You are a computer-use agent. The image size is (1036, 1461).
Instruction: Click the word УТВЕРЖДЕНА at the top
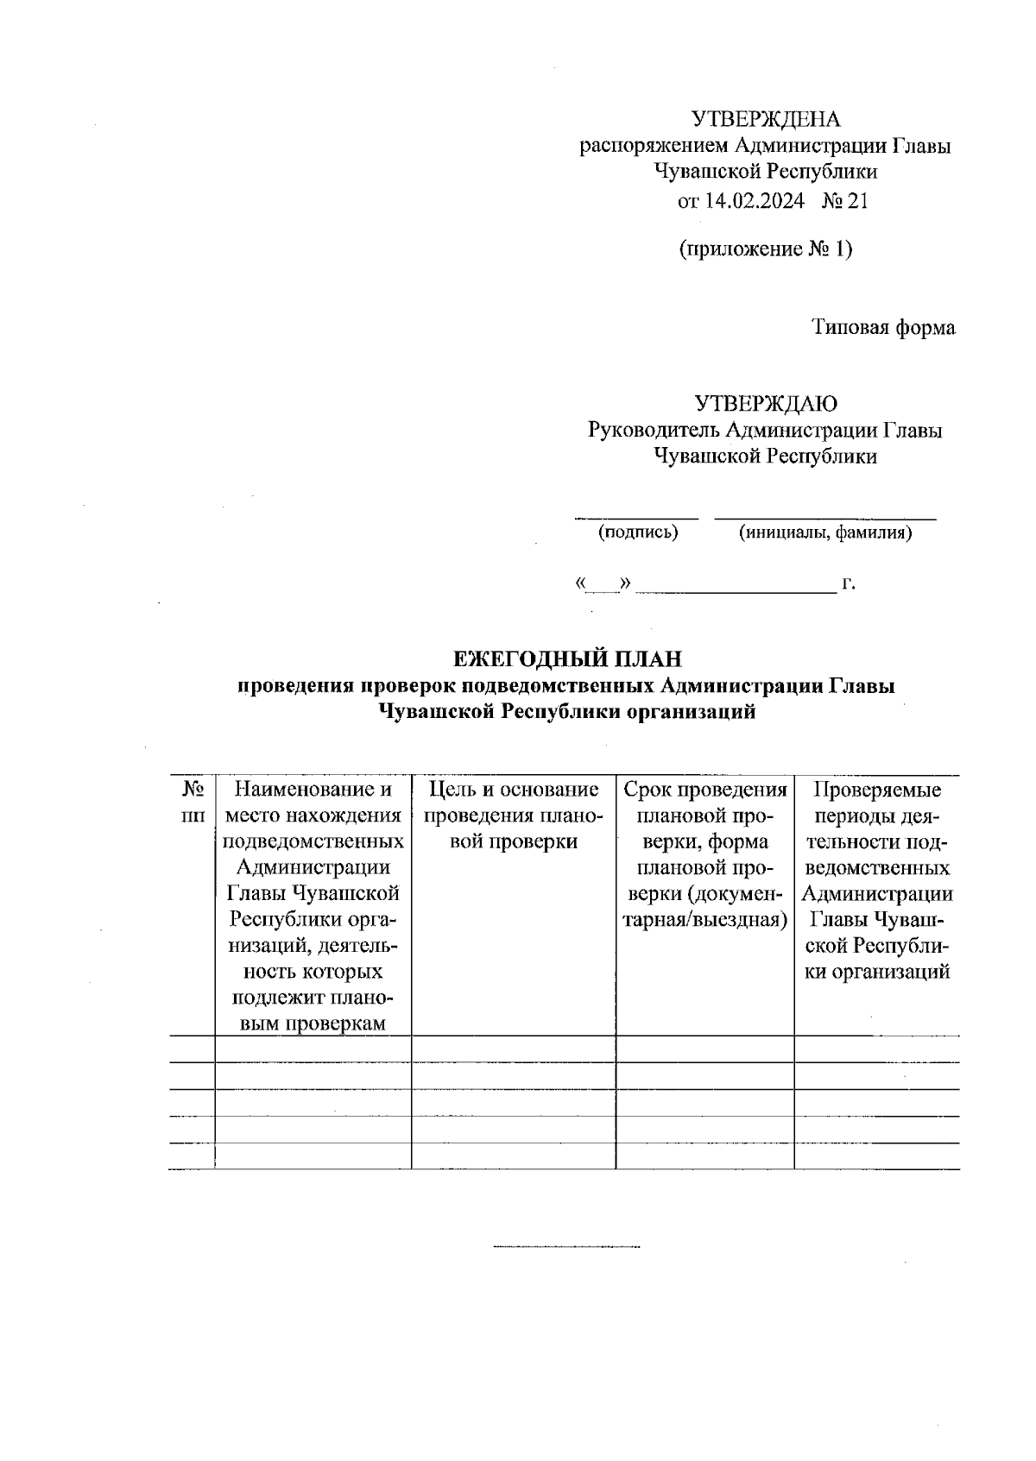point(766,119)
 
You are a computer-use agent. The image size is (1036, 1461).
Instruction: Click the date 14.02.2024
point(754,201)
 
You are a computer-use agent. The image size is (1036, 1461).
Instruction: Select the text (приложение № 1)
point(766,249)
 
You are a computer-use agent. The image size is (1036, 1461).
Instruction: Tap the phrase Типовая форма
point(883,328)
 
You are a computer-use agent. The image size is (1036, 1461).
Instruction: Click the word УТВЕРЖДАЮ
point(766,403)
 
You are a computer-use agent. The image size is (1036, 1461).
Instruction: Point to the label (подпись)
point(638,532)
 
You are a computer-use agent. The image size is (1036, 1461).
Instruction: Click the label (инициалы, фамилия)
point(825,532)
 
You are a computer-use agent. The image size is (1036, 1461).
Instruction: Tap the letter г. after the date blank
point(849,584)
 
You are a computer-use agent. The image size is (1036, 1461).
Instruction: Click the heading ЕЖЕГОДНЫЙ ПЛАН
point(568,659)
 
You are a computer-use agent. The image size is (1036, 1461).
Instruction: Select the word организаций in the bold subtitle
point(680,712)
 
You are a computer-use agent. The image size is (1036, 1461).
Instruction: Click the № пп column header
point(193,802)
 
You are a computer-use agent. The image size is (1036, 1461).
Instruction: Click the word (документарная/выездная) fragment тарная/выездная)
point(704,919)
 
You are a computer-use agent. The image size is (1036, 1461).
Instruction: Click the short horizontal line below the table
point(565,1247)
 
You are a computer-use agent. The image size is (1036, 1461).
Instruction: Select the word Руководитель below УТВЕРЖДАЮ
point(653,430)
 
